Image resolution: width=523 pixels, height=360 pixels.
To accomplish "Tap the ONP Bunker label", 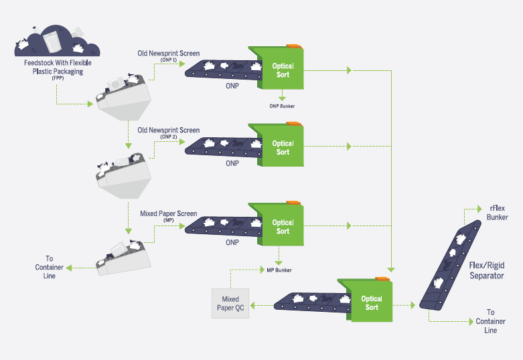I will tap(282, 106).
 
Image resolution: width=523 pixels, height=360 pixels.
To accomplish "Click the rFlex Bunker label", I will tap(497, 213).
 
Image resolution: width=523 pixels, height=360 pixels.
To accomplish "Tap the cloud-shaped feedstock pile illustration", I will tap(57, 42).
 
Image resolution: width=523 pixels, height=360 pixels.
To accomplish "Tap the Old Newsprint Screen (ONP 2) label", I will tap(168, 132).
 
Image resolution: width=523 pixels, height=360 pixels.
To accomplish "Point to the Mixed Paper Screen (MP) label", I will tap(168, 216).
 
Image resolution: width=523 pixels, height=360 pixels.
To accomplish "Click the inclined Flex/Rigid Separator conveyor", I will tap(451, 266).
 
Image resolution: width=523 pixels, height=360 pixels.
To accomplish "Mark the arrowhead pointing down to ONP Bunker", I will tap(282, 97).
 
